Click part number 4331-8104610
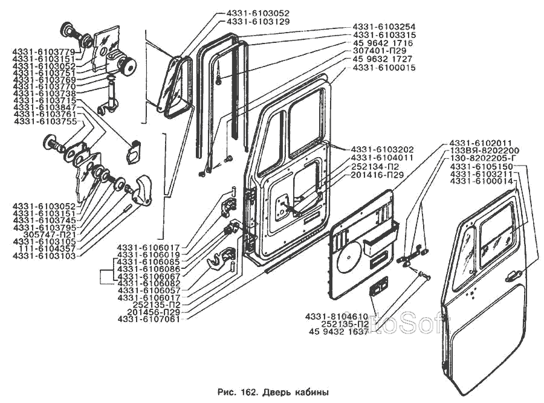(337, 315)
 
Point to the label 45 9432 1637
(338, 331)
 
